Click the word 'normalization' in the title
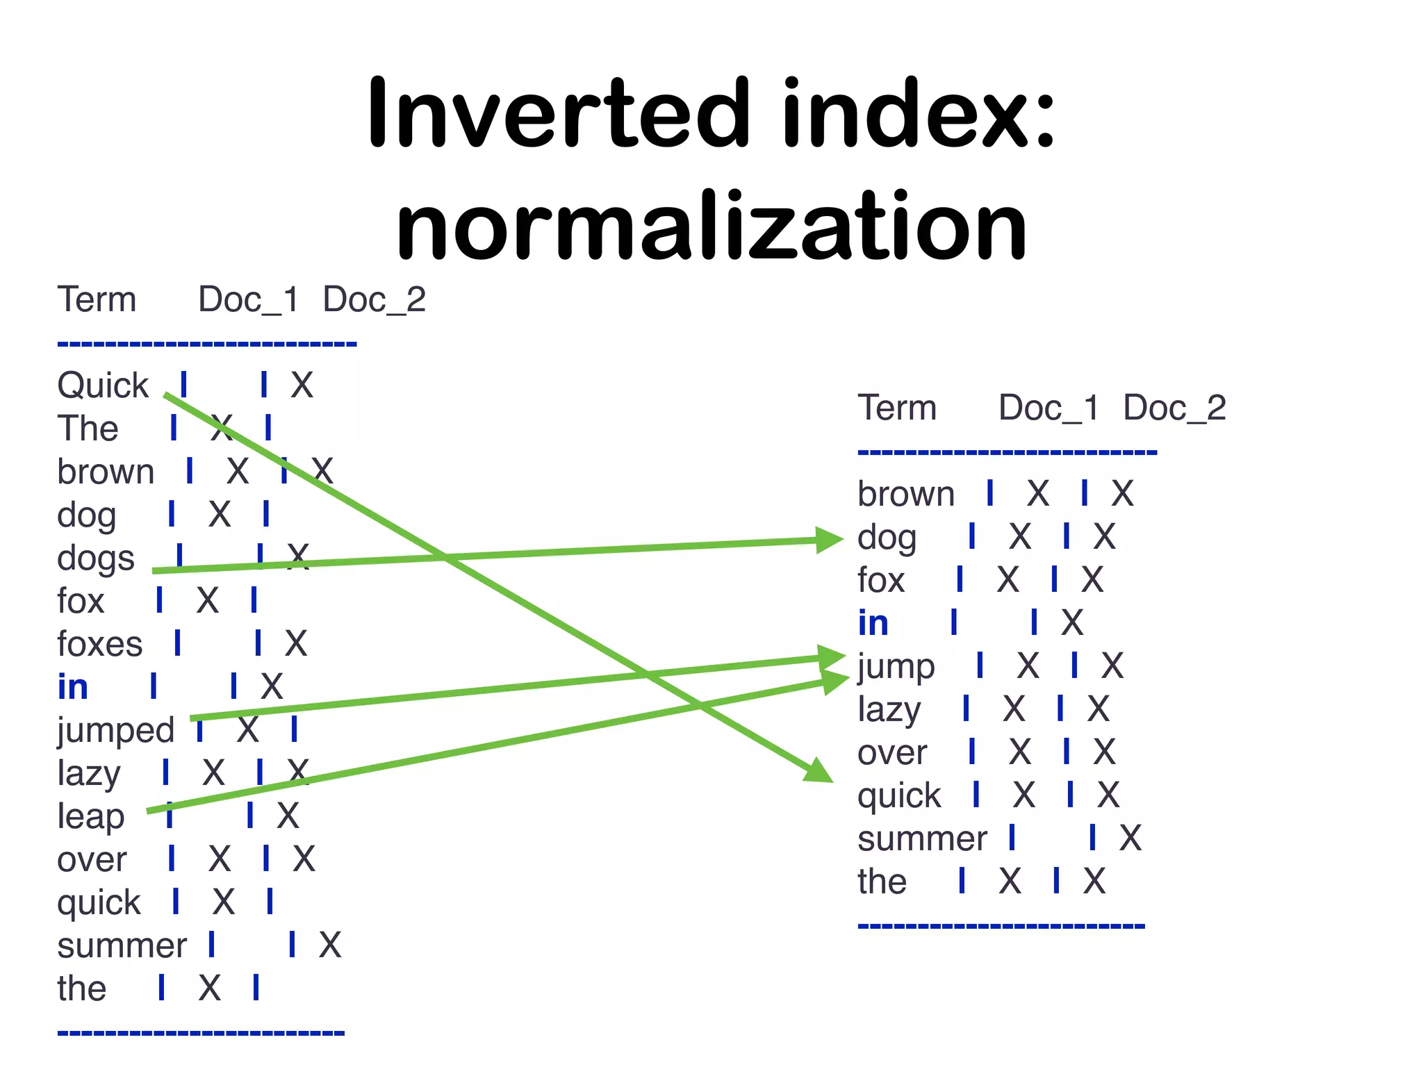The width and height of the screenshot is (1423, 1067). (711, 226)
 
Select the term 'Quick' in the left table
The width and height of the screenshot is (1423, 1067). (103, 386)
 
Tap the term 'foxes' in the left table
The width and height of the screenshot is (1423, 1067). (100, 644)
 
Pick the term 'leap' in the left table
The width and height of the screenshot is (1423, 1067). (91, 817)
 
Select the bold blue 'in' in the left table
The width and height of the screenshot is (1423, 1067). (73, 687)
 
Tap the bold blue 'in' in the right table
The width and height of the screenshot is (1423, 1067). (873, 623)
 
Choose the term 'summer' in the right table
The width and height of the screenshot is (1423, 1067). (922, 838)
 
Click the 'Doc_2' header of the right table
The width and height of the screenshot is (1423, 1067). (1174, 408)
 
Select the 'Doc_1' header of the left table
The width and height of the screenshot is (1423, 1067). (248, 299)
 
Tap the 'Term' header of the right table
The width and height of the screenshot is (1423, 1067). (897, 408)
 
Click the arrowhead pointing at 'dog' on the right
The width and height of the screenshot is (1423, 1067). (830, 540)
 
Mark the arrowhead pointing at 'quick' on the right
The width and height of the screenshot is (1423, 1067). (820, 770)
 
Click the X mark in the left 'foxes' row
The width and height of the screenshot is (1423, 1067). (296, 643)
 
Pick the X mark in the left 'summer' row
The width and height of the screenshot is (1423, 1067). (330, 945)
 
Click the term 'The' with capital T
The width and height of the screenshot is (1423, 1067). (88, 429)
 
